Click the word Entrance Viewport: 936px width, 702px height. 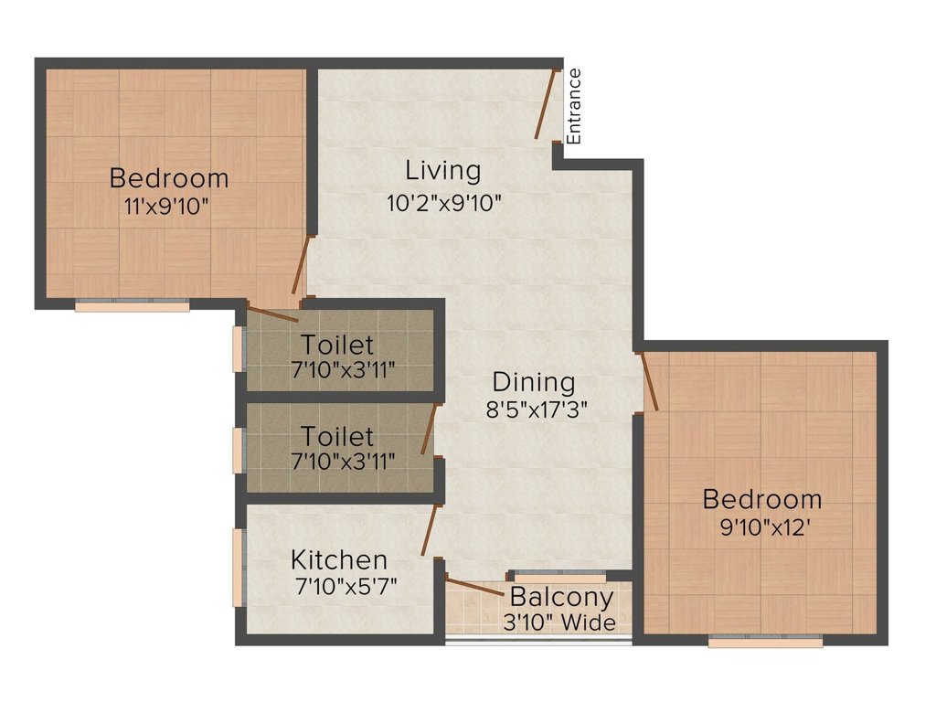tap(574, 106)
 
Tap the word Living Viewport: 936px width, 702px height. tap(443, 171)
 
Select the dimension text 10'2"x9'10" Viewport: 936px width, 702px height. tap(444, 203)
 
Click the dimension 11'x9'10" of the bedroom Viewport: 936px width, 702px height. tap(168, 207)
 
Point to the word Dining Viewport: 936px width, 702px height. tap(534, 382)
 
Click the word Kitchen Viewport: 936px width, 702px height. tap(339, 559)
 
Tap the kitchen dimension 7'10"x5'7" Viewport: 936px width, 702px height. tap(344, 585)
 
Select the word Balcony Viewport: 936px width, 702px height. tap(561, 598)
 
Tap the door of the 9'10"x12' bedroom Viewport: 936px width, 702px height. tap(650, 380)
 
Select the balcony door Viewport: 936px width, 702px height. tap(473, 587)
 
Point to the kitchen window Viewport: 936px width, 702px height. tap(239, 567)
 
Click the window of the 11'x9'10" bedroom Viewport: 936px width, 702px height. tap(132, 307)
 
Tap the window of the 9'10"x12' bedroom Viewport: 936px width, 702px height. tap(764, 643)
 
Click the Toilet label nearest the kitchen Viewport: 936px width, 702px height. tap(338, 436)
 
